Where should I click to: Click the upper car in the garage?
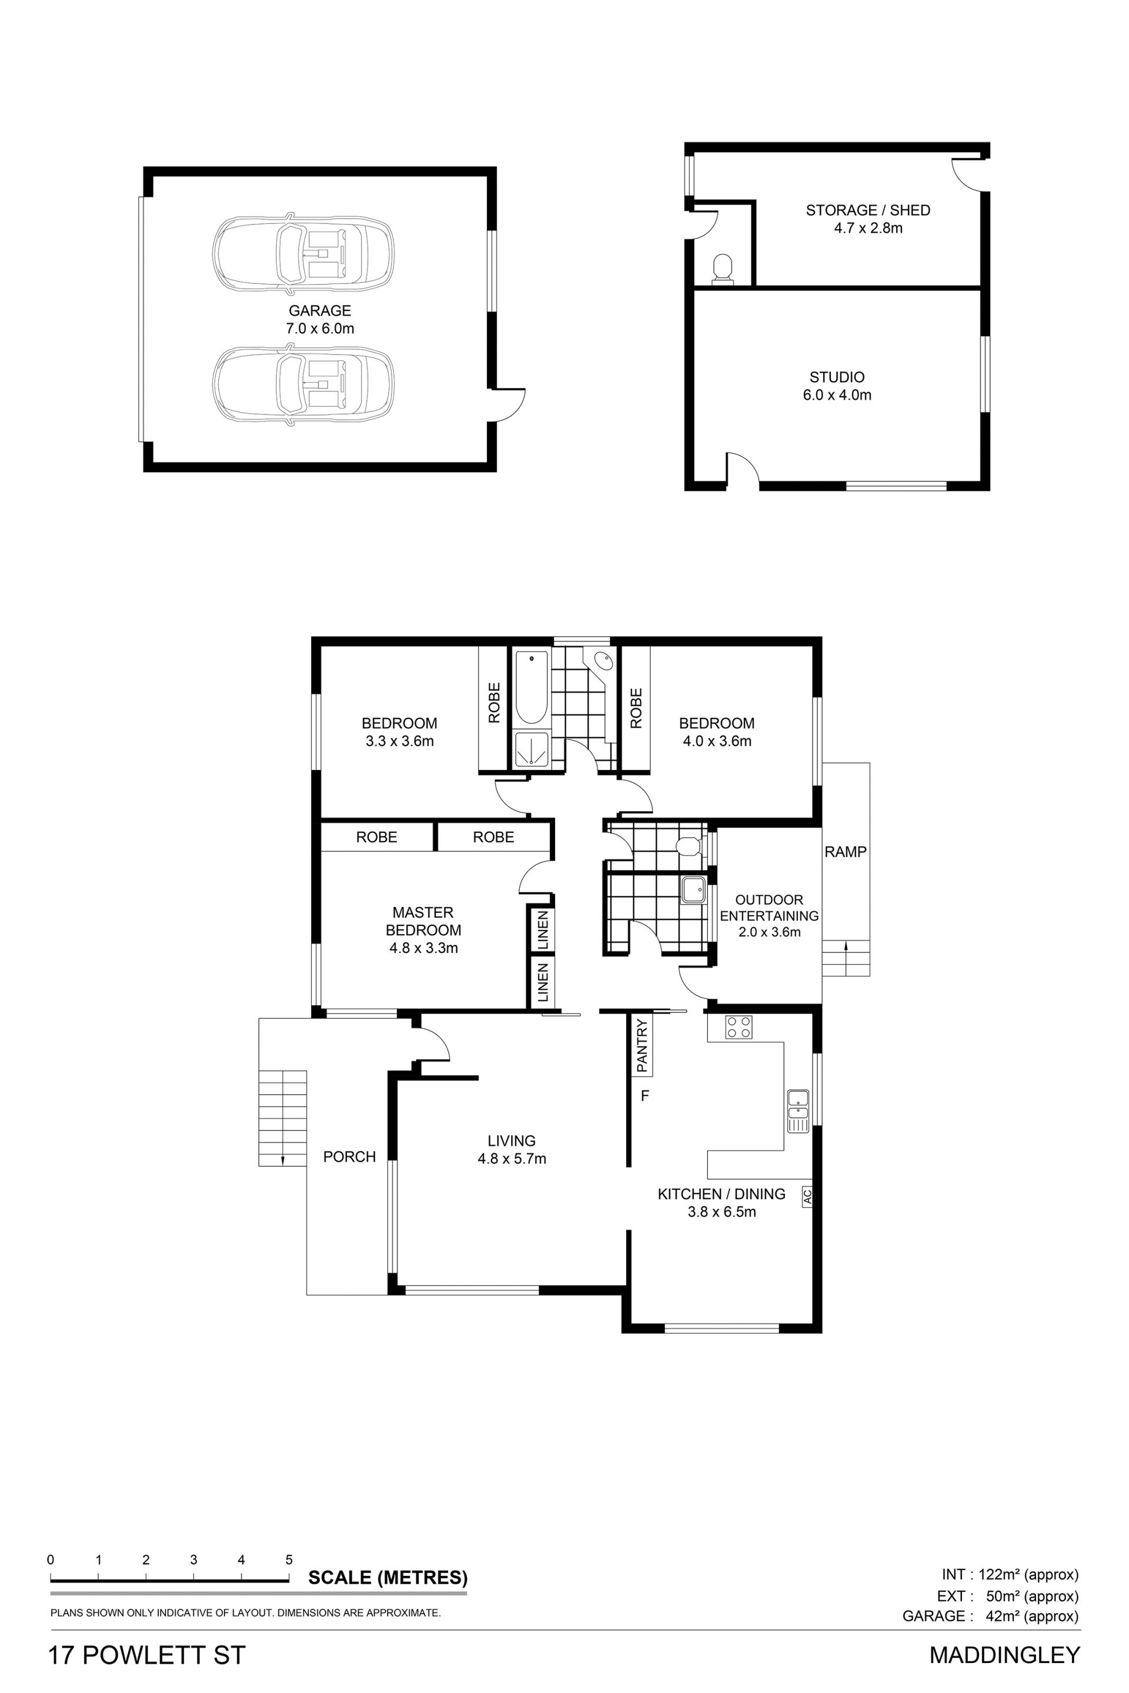303,253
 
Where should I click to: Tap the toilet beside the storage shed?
722,269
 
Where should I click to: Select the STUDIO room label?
837,377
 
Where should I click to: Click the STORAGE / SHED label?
868,210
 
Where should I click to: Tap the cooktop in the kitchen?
738,1027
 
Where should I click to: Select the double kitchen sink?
798,1112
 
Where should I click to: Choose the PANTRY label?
642,1044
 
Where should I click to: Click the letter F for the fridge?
645,1096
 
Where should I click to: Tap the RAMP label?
846,852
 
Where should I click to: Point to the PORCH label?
349,1157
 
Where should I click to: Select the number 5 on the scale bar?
289,1560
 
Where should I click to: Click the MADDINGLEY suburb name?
1004,1655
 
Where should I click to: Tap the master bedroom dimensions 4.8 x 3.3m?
423,948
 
